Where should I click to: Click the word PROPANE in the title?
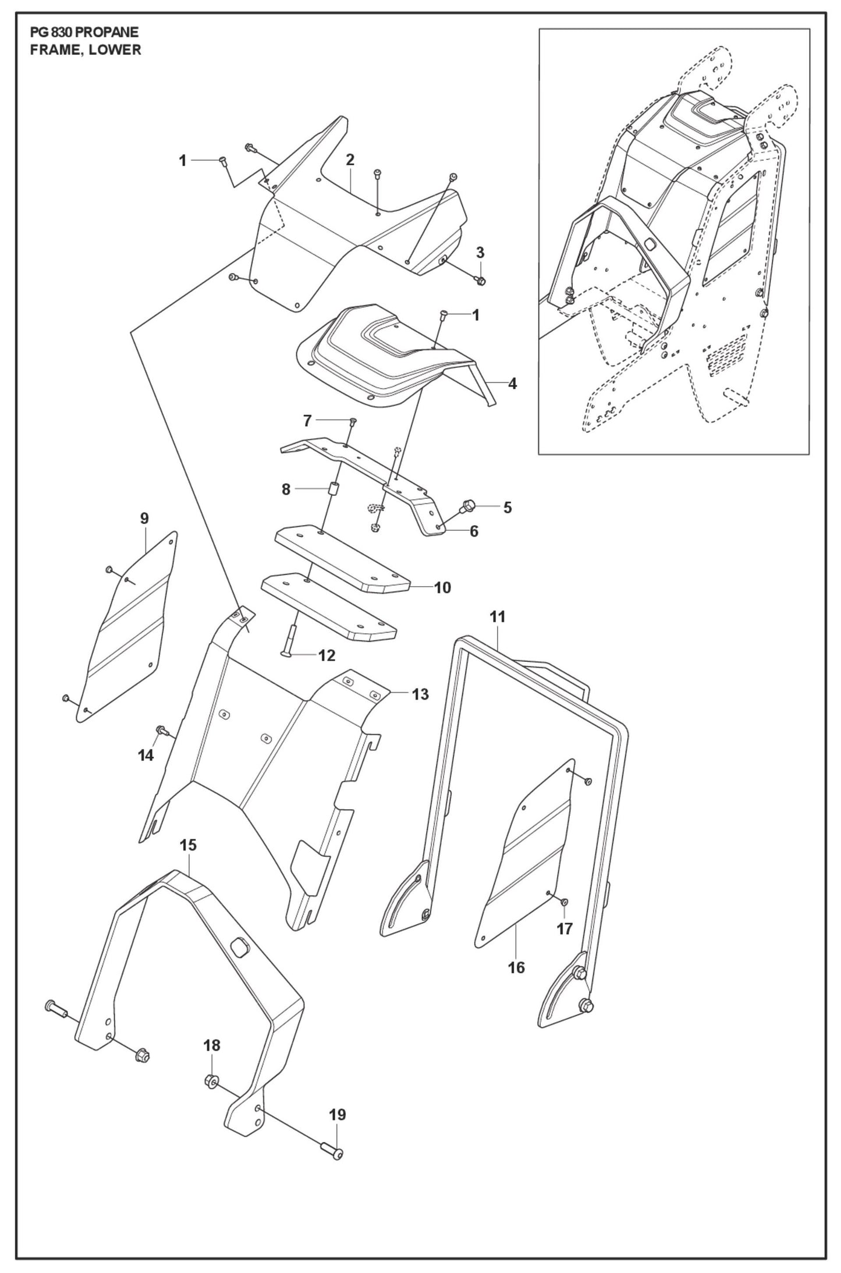click(107, 33)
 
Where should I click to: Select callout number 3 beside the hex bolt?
click(480, 253)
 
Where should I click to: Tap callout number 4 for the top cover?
click(512, 384)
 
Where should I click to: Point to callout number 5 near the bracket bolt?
click(507, 508)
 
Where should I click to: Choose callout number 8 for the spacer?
click(286, 490)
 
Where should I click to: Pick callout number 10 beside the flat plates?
click(442, 588)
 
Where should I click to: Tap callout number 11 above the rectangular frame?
click(498, 617)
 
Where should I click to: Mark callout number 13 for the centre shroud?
click(420, 694)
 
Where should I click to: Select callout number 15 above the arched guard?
click(188, 845)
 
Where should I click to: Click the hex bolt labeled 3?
click(480, 281)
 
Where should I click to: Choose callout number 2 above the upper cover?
click(350, 159)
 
